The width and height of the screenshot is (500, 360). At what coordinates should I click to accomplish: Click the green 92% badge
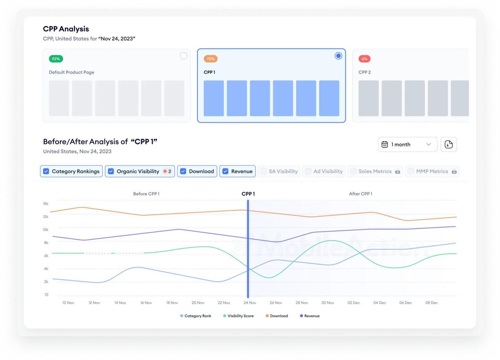point(56,59)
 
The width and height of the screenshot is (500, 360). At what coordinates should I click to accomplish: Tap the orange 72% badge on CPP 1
point(211,59)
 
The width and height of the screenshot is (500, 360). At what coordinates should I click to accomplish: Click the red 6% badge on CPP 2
point(364,59)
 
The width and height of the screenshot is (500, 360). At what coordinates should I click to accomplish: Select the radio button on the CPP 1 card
point(339,56)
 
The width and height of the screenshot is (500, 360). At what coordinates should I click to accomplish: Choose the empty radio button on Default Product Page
point(184,56)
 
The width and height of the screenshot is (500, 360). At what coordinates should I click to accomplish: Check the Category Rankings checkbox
point(46,171)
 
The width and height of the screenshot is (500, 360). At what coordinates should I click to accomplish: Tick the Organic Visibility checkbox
point(111,171)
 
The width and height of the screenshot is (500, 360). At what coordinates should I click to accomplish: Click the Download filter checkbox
point(183,171)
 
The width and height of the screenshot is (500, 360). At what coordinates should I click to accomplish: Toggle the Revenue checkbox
point(225,171)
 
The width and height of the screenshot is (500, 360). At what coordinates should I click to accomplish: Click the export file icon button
point(449,145)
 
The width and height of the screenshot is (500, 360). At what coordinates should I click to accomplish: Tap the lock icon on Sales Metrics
point(397,172)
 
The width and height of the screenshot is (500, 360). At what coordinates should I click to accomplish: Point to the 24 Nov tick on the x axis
point(250,303)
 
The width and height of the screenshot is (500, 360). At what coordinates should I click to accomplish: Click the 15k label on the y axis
point(46,204)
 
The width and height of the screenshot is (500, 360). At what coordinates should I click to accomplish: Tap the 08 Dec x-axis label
point(431,303)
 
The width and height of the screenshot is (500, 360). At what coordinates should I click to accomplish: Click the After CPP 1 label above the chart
point(360,194)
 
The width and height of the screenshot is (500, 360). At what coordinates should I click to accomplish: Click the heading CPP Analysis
point(66,29)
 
